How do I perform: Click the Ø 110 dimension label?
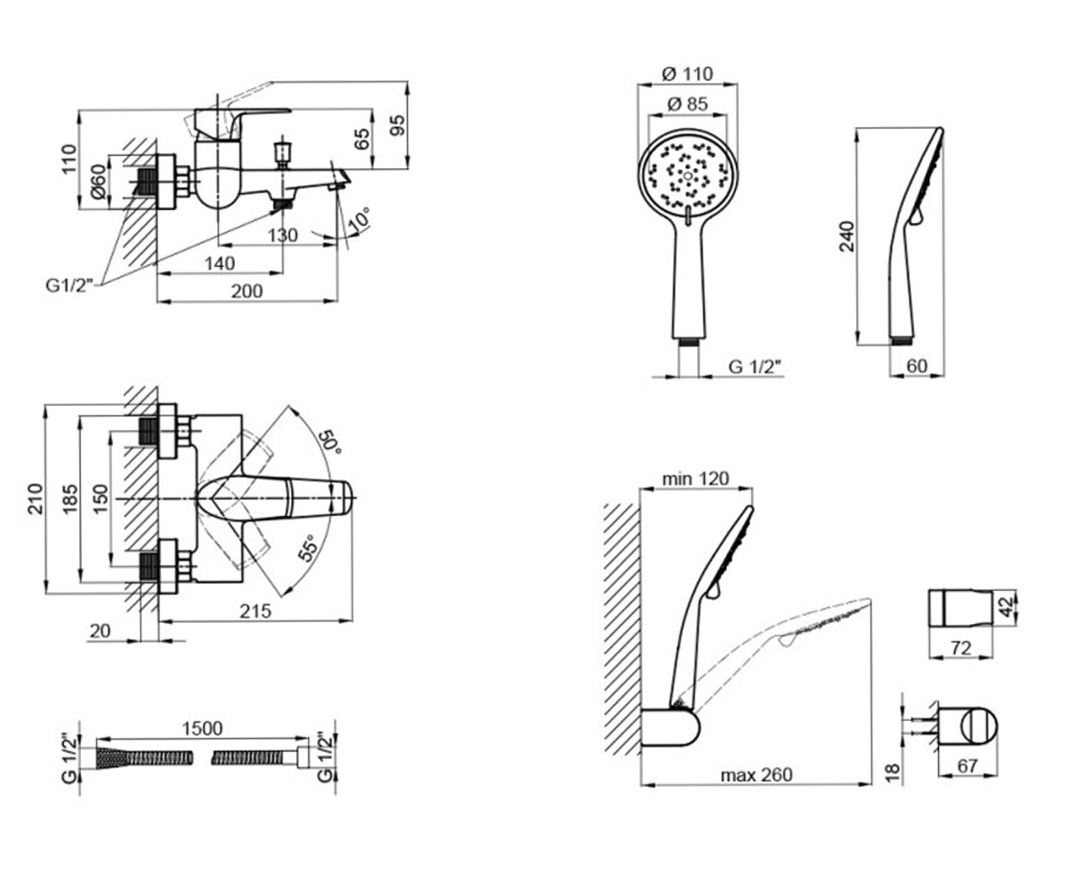point(687,74)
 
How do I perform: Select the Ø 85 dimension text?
point(687,104)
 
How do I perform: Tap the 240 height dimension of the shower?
point(847,236)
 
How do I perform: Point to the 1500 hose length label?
point(203,728)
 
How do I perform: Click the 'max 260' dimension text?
point(756,775)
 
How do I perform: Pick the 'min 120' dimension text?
point(696,479)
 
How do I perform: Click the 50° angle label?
point(330,442)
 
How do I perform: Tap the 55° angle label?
point(308,548)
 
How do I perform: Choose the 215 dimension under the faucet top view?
point(255,611)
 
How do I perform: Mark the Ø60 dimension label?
point(98,181)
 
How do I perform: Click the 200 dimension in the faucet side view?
point(247,291)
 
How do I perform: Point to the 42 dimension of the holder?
point(1007,607)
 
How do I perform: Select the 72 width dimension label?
point(961,648)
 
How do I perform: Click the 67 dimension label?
point(967,765)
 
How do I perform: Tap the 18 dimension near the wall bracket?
point(892,773)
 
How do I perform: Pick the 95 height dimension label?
point(398,125)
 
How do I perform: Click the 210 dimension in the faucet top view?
point(35,498)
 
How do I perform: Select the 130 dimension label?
point(283,235)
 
